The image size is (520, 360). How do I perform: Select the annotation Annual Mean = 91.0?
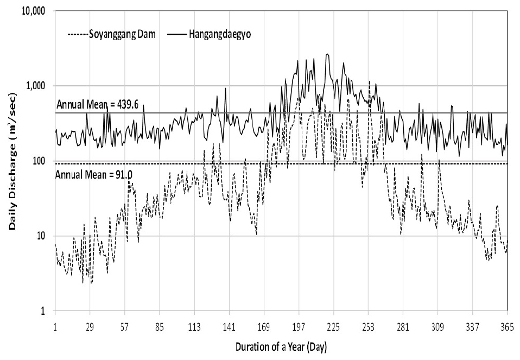[87, 174]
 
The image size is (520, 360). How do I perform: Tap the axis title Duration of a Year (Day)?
[281, 345]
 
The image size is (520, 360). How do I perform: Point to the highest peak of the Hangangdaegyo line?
[327, 54]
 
